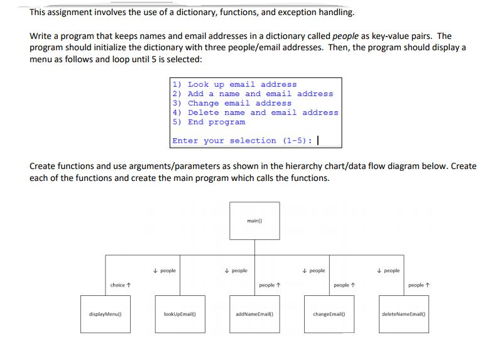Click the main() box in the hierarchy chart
point(254,220)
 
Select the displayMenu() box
point(104,313)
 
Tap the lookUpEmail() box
point(180,313)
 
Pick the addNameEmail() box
point(254,313)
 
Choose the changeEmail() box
point(329,313)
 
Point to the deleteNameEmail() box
point(403,313)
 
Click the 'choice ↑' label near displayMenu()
point(121,285)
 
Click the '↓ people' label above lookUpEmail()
point(165,271)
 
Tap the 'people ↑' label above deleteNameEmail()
point(416,285)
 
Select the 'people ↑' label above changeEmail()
point(342,285)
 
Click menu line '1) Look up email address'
point(234,84)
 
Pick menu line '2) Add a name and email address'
point(253,94)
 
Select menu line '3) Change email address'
point(232,103)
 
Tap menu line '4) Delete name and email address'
point(255,112)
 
